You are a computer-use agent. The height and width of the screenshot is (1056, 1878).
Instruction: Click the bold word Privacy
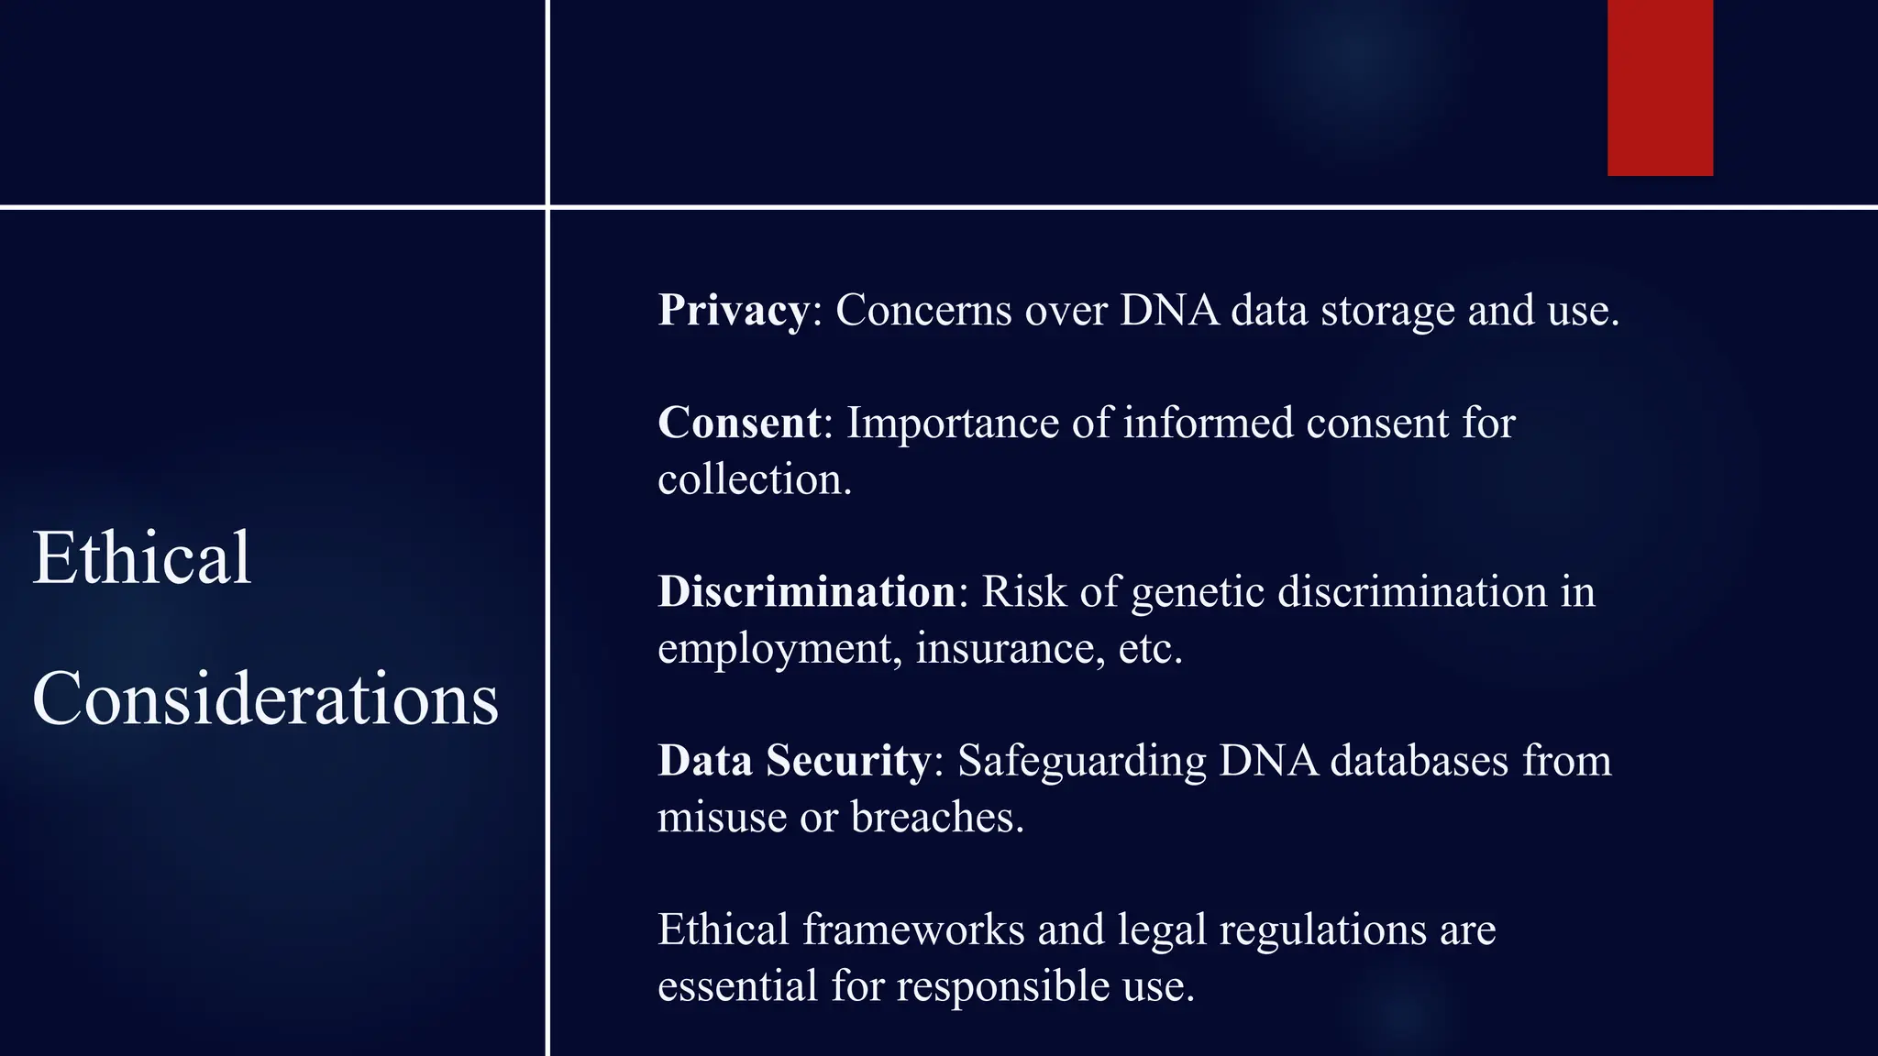click(733, 310)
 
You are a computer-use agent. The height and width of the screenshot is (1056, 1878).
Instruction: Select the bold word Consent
click(739, 423)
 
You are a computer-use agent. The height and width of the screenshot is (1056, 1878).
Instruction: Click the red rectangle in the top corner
click(1660, 87)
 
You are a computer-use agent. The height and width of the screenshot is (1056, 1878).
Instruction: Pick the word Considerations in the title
click(265, 698)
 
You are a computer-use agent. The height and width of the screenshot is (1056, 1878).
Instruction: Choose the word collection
click(754, 479)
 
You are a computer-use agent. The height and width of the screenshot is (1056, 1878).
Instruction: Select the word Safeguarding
click(1081, 762)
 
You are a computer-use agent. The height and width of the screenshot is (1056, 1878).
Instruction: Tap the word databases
click(1419, 760)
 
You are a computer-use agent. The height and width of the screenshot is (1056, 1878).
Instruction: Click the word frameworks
click(913, 929)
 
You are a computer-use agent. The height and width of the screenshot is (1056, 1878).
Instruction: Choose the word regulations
click(1322, 930)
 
